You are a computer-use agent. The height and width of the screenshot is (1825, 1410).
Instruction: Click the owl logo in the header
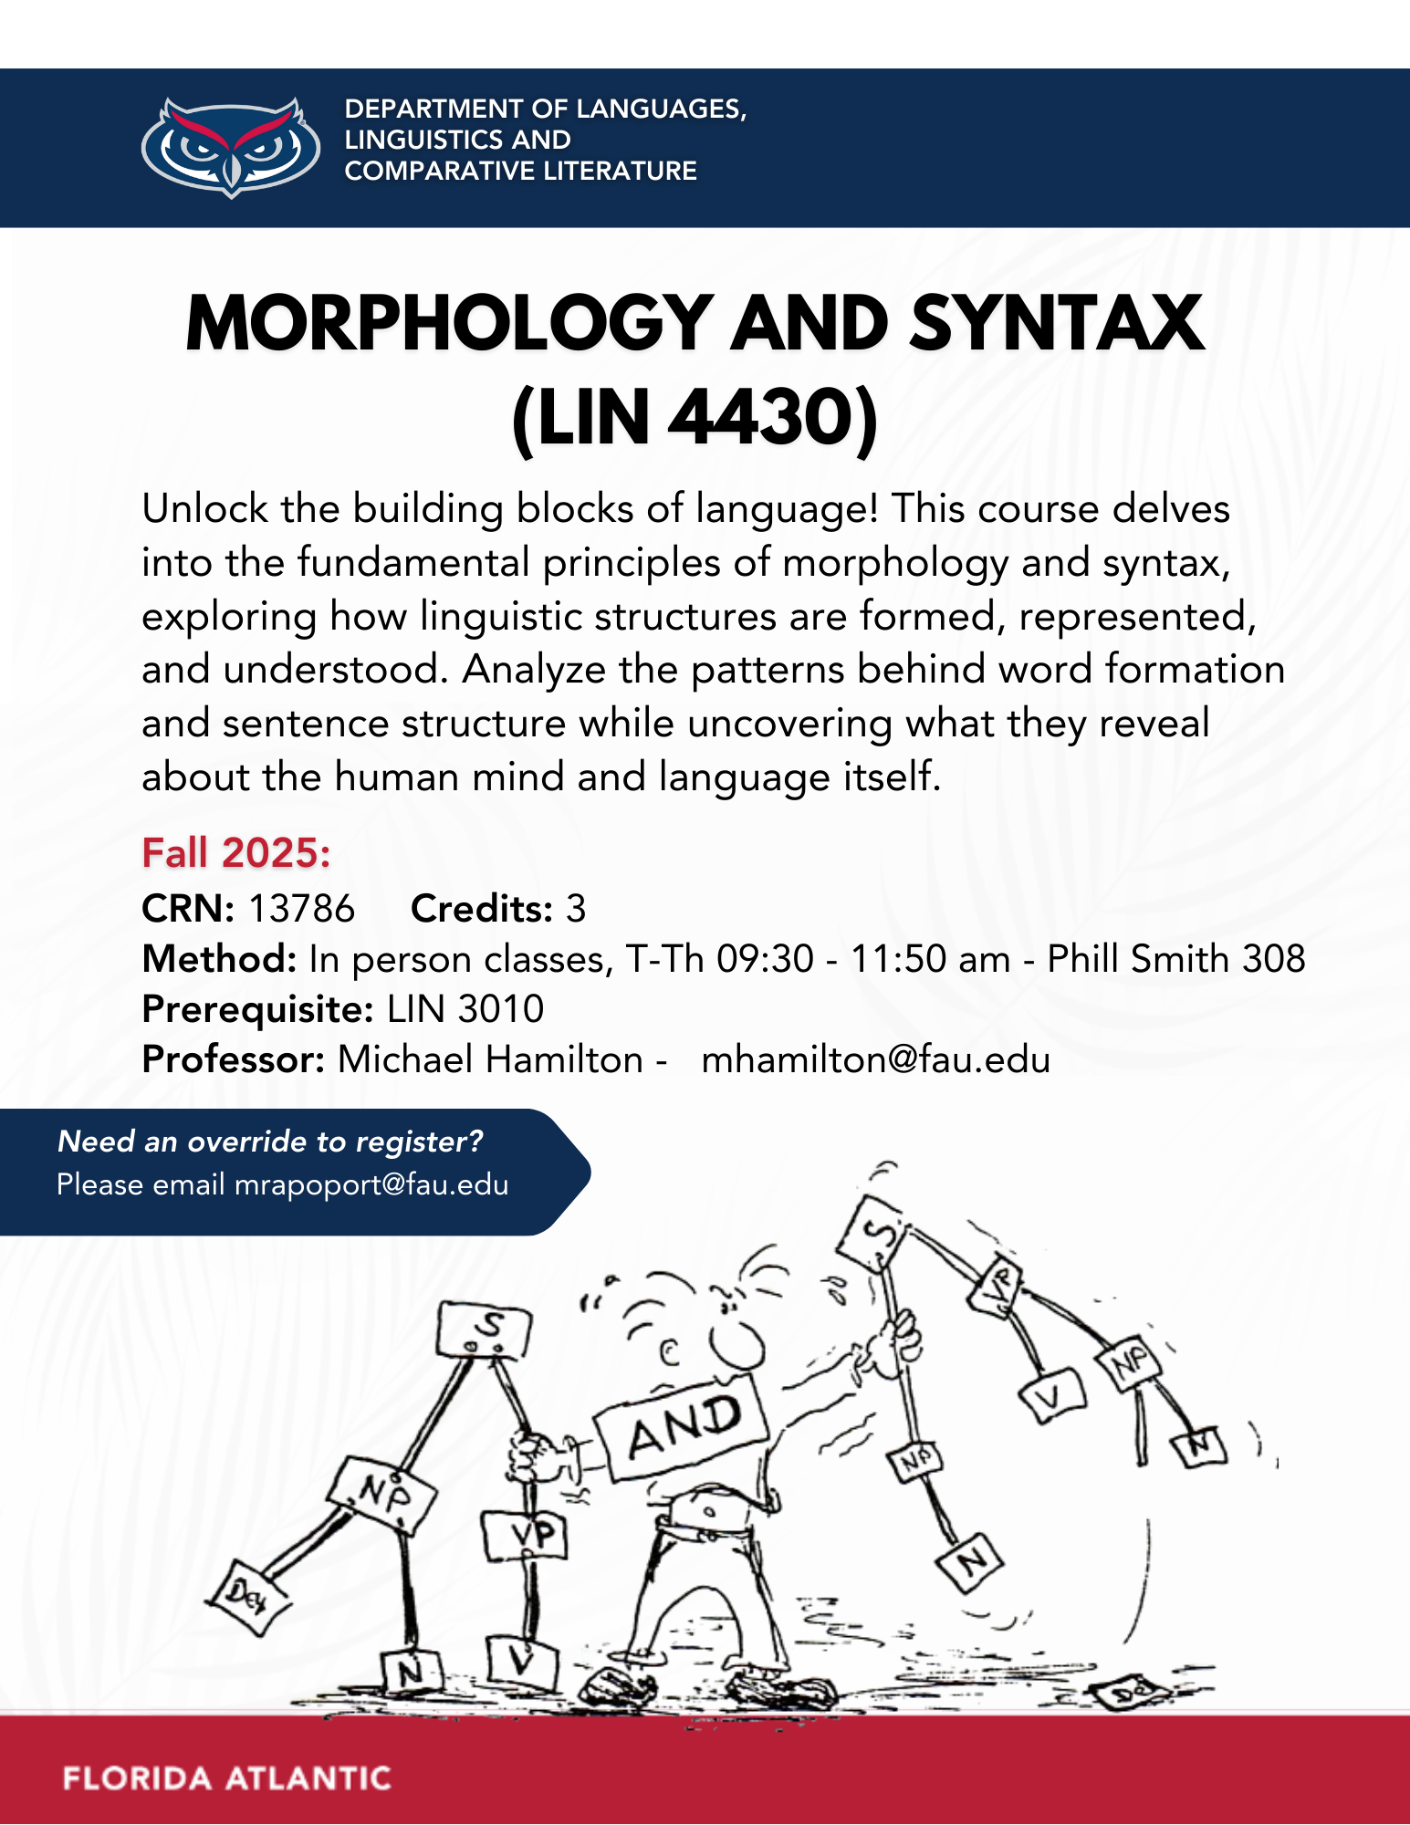(x=231, y=146)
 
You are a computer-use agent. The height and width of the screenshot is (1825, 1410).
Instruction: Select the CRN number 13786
(x=301, y=909)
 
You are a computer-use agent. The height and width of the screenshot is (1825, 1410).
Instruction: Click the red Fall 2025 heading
(x=235, y=853)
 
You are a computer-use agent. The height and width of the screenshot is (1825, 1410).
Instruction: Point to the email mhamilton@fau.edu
(x=875, y=1059)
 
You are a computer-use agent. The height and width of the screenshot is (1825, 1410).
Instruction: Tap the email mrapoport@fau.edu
(x=371, y=1184)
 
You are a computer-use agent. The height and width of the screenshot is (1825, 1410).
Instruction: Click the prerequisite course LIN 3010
(x=465, y=1009)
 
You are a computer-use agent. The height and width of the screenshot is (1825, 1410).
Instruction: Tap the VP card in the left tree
(x=526, y=1535)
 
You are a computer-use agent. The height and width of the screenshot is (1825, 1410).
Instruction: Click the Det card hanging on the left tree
(x=246, y=1596)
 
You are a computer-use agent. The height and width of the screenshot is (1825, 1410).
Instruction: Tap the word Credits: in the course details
(x=481, y=909)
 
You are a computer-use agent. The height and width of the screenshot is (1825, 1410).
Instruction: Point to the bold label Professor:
(x=233, y=1059)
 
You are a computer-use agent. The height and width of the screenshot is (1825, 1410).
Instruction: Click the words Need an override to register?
(x=270, y=1141)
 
